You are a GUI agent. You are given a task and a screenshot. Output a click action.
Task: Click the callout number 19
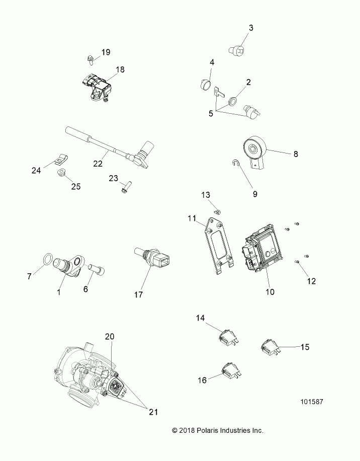[x=106, y=52]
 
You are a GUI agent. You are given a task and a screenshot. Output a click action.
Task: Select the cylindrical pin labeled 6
[x=96, y=270]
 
